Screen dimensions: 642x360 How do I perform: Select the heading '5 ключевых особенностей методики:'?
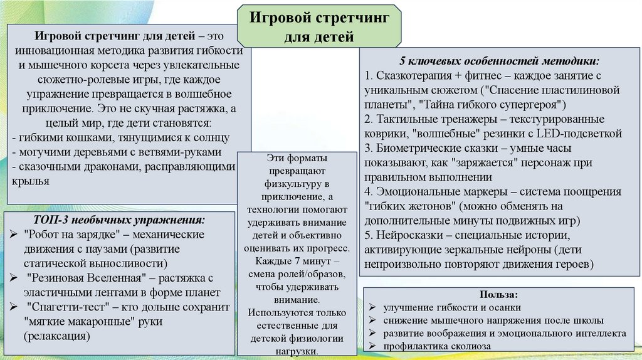(x=500, y=61)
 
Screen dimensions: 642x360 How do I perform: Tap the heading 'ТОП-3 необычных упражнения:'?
(x=119, y=221)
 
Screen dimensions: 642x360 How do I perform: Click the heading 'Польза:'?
(x=499, y=295)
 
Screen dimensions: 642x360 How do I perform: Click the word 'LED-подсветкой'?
(x=579, y=133)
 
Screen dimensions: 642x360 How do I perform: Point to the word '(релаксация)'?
(x=57, y=336)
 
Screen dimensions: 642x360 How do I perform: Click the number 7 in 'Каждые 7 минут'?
(x=293, y=259)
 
